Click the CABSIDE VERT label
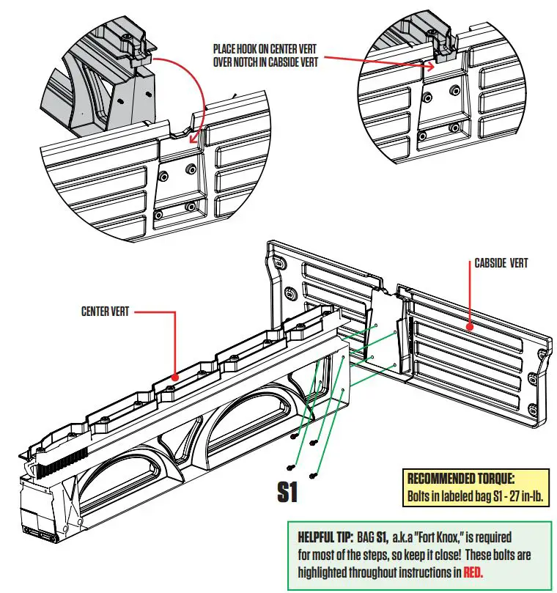[x=501, y=262]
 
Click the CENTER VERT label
[x=105, y=312]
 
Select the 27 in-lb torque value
[x=517, y=495]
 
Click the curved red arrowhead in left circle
[x=192, y=139]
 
